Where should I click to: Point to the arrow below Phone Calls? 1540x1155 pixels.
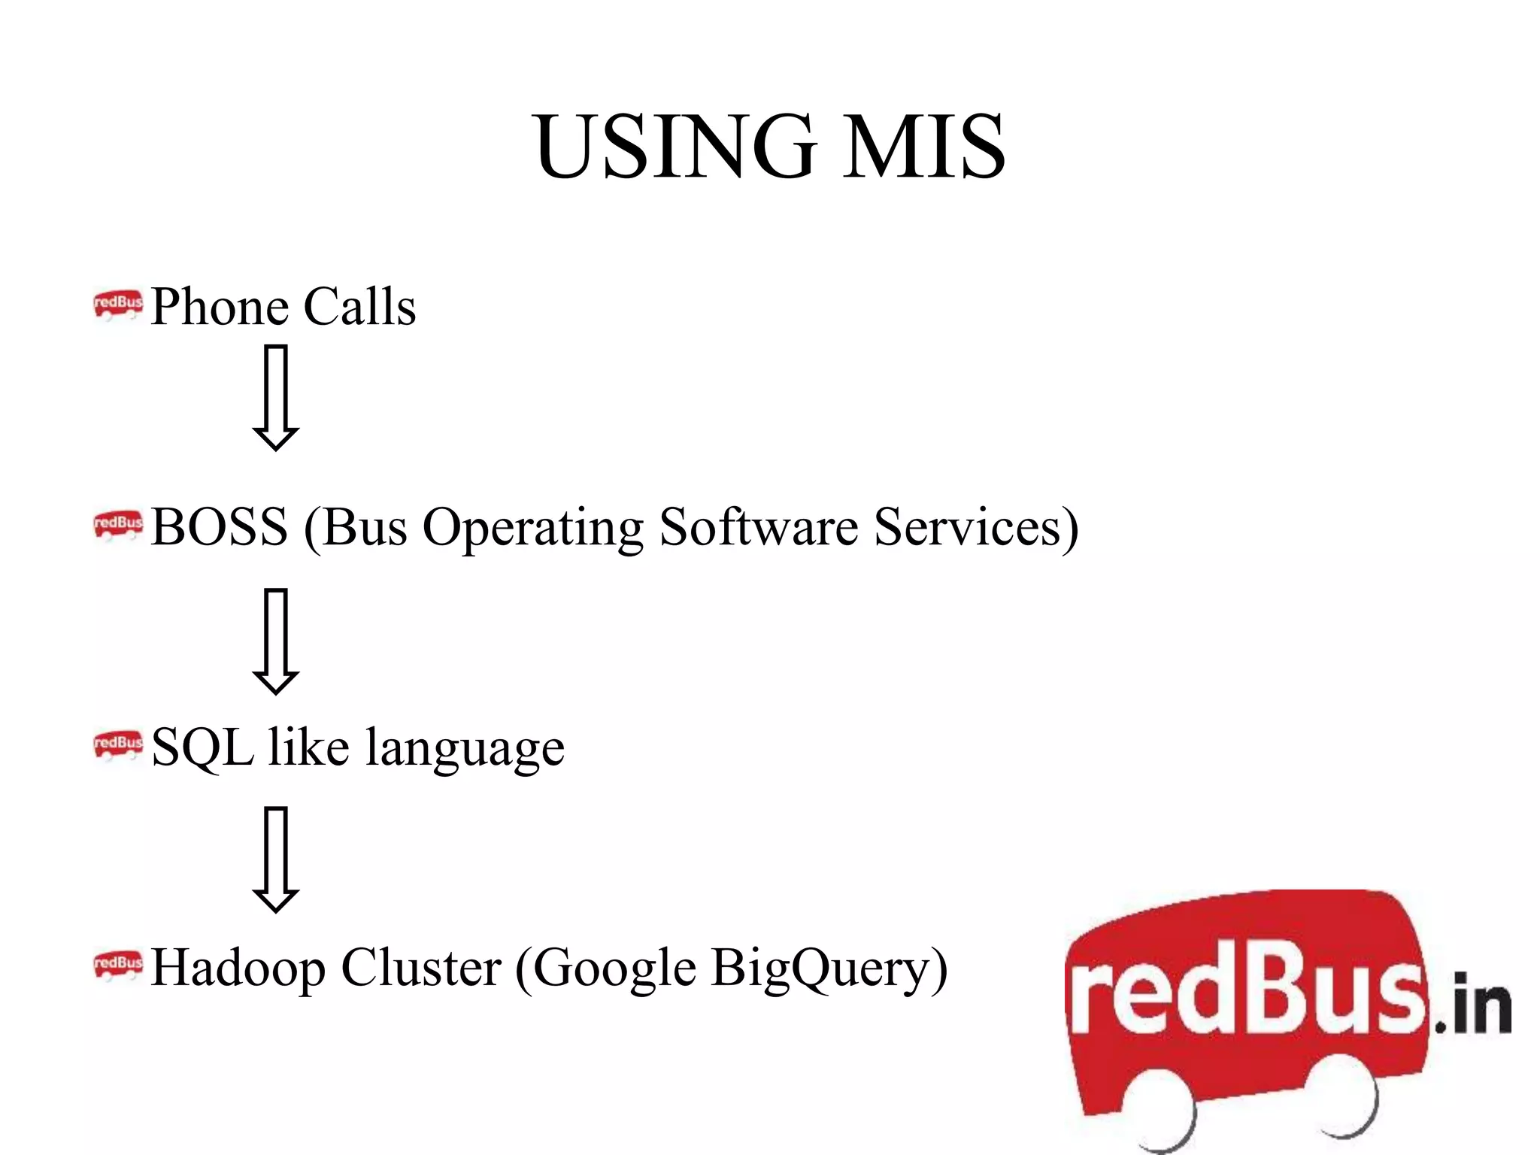[276, 397]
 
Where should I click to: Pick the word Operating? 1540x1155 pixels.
[532, 528]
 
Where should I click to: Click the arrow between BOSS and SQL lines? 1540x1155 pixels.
[276, 641]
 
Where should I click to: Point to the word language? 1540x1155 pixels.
[465, 749]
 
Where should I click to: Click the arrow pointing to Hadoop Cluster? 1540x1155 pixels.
[276, 859]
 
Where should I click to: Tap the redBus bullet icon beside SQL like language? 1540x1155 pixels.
[117, 744]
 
